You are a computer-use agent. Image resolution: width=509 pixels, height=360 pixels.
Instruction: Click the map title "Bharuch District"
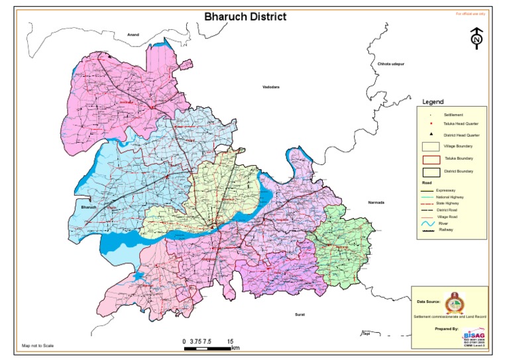point(245,17)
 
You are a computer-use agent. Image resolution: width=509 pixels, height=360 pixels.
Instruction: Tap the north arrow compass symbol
point(476,39)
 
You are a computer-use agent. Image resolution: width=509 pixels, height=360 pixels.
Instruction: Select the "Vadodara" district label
point(272,87)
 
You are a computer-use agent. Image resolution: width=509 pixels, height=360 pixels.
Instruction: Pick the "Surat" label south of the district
point(299,315)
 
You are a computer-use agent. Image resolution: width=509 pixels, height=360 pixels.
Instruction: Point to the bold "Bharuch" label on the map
point(89,208)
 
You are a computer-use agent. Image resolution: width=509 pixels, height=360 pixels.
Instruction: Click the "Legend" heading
point(433,102)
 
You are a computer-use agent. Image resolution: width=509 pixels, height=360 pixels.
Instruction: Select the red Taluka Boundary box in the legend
point(431,159)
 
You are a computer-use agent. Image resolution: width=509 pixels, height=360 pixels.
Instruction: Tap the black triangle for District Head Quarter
point(431,135)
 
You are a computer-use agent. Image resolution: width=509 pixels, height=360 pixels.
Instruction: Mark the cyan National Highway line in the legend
point(429,197)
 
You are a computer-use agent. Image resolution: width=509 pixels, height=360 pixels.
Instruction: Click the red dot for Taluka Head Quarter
point(431,124)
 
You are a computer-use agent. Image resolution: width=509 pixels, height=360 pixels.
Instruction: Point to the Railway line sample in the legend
point(429,231)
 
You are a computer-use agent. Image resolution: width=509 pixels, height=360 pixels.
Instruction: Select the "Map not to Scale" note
point(37,346)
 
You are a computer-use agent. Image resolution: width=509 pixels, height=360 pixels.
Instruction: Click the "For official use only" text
point(471,13)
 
